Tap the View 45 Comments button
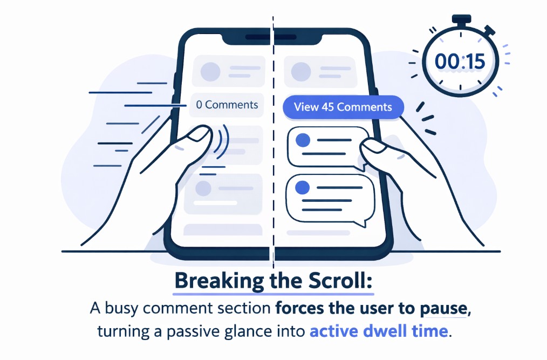[x=343, y=106]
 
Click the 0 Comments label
[x=227, y=105]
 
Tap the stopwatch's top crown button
[x=460, y=21]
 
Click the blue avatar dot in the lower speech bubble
[x=303, y=187]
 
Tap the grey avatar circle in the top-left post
[x=210, y=71]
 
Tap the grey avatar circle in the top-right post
[x=300, y=71]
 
